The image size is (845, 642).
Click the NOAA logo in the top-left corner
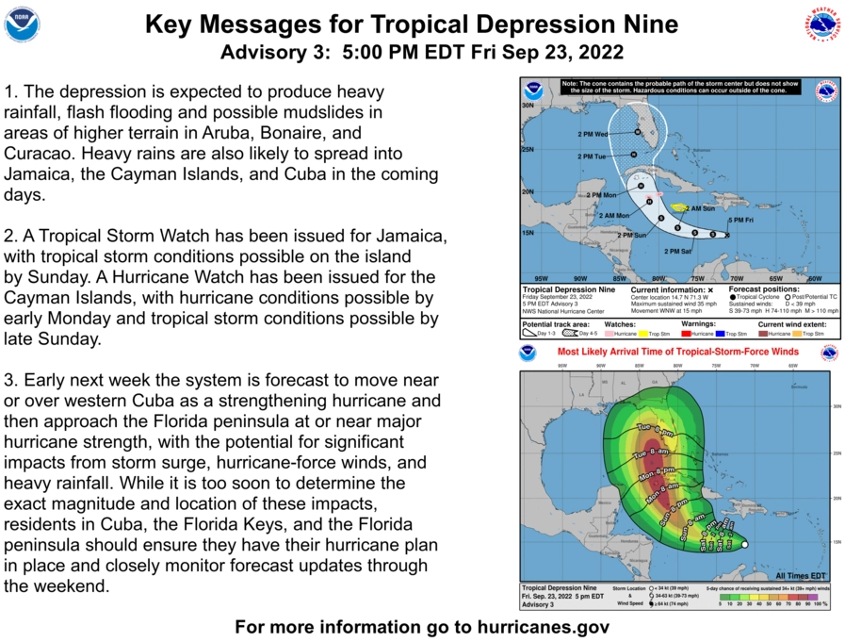pyautogui.click(x=22, y=24)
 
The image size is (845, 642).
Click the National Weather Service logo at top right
pyautogui.click(x=821, y=24)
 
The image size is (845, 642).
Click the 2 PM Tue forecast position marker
pyautogui.click(x=635, y=155)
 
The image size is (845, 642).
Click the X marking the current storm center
pyautogui.click(x=727, y=235)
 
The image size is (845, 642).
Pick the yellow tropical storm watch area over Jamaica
pyautogui.click(x=680, y=207)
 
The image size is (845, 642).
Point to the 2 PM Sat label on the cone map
pyautogui.click(x=678, y=252)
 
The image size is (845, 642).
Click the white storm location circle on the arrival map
pyautogui.click(x=744, y=544)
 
